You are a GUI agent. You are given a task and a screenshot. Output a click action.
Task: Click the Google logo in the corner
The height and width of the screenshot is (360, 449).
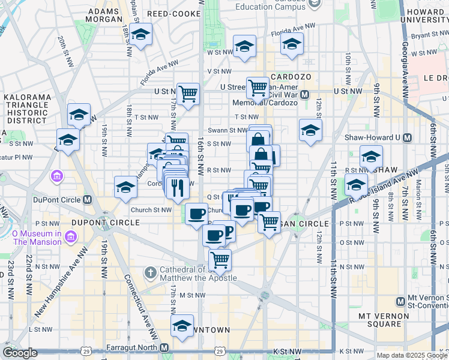point(20,353)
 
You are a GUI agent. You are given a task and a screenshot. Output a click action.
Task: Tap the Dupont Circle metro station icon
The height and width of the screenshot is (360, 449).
point(88,200)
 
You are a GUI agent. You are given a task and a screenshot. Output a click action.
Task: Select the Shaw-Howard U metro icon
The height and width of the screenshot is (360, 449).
point(408,137)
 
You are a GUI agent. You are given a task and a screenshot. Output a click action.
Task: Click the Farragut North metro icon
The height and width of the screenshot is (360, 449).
point(164,347)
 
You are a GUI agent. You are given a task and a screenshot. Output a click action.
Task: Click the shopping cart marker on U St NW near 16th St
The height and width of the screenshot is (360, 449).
point(188,93)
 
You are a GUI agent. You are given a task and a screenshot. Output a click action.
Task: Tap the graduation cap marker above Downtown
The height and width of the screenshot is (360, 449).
point(181,326)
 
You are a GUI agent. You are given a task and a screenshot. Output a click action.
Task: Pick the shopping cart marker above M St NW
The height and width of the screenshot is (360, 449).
point(220,260)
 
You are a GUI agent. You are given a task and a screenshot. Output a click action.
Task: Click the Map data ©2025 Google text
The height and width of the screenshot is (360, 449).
point(411,355)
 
